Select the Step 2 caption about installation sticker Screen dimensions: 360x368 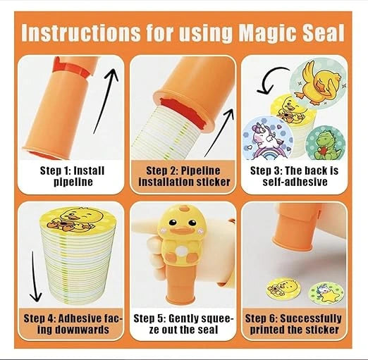pyautogui.click(x=184, y=176)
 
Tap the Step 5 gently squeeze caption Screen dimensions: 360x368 pyautogui.click(x=184, y=323)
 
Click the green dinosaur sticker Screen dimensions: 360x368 pyautogui.click(x=329, y=140)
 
